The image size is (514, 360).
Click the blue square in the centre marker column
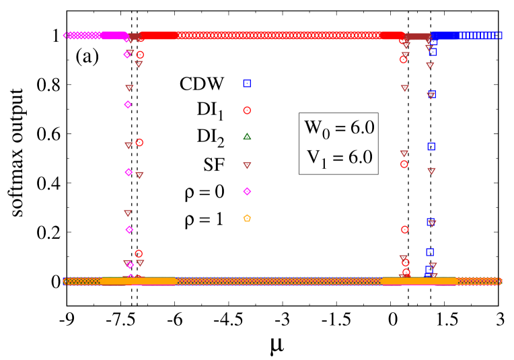[x=247, y=83]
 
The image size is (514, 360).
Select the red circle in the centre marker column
[x=247, y=110]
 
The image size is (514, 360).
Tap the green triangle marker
[x=247, y=137]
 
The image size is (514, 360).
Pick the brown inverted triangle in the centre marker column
[x=247, y=166]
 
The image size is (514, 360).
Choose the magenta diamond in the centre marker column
[x=247, y=192]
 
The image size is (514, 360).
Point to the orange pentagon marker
[x=247, y=218]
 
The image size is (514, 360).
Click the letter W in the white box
[x=314, y=127]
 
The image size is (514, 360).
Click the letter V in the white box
[x=314, y=157]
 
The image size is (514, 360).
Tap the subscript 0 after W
[x=326, y=135]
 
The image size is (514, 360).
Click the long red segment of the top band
[x=269, y=36]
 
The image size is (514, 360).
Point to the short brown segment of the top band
[x=417, y=36]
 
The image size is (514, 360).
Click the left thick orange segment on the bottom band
[x=138, y=281]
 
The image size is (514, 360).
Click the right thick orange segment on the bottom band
[x=418, y=281]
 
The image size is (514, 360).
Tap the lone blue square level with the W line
[x=431, y=146]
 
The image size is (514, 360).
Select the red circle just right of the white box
[x=404, y=164]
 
